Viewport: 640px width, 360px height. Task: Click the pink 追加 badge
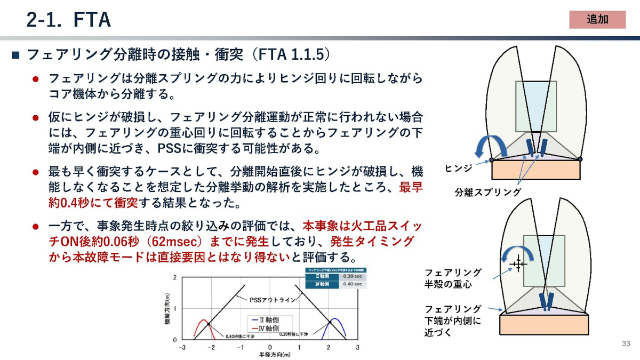coord(597,19)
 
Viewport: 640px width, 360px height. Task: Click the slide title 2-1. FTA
coord(68,20)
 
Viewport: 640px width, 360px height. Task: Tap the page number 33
coord(626,343)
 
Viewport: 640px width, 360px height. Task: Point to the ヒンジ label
coord(458,169)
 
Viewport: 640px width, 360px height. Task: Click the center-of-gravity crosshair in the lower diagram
coord(517,263)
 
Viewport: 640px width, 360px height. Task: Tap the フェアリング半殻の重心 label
coord(452,278)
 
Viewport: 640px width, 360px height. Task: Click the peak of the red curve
coord(202,320)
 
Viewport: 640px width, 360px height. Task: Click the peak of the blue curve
coord(333,319)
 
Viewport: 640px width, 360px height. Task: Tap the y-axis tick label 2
coord(175,278)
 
